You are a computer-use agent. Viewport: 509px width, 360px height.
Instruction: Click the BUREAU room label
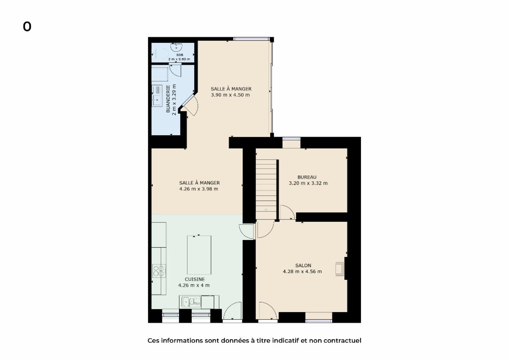[307, 177]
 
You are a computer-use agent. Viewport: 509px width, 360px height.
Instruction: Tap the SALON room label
[303, 265]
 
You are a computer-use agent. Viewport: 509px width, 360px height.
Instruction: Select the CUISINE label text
[195, 279]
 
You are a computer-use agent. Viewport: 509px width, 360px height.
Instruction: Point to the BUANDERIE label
[168, 99]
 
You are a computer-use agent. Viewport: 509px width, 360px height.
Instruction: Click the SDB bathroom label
[179, 55]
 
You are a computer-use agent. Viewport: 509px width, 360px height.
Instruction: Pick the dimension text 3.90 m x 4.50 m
[230, 95]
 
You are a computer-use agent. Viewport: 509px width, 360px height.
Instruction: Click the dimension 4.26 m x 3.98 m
[199, 189]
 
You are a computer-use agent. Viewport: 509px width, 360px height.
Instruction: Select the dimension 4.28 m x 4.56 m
[302, 271]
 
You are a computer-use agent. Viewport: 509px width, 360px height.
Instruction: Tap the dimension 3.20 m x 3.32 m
[308, 183]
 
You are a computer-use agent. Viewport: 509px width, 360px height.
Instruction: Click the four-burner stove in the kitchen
[159, 271]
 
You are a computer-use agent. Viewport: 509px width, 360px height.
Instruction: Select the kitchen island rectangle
[199, 255]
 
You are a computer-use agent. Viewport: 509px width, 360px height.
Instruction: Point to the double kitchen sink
[191, 302]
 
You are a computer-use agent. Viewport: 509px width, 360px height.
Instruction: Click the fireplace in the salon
[340, 269]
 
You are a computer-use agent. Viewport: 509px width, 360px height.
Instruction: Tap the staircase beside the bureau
[266, 190]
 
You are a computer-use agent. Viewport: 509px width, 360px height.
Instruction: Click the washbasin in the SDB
[176, 47]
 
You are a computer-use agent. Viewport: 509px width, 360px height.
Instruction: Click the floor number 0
[27, 27]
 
